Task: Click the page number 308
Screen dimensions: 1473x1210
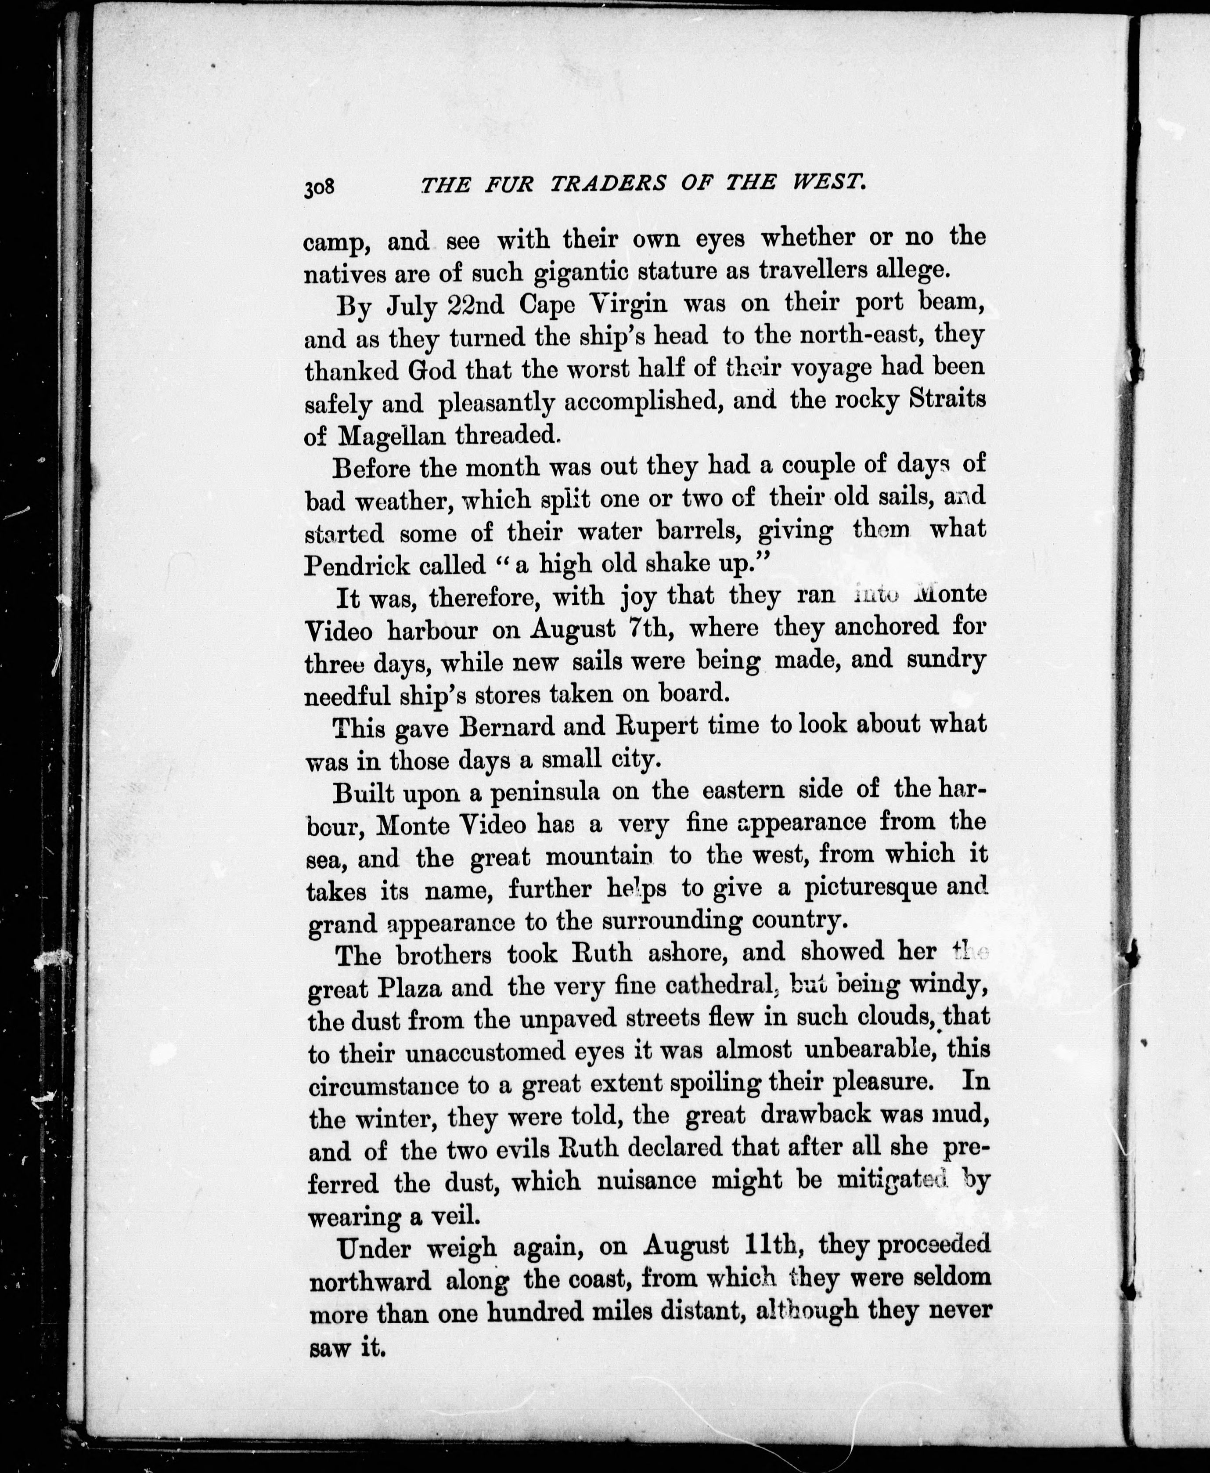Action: pos(320,188)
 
